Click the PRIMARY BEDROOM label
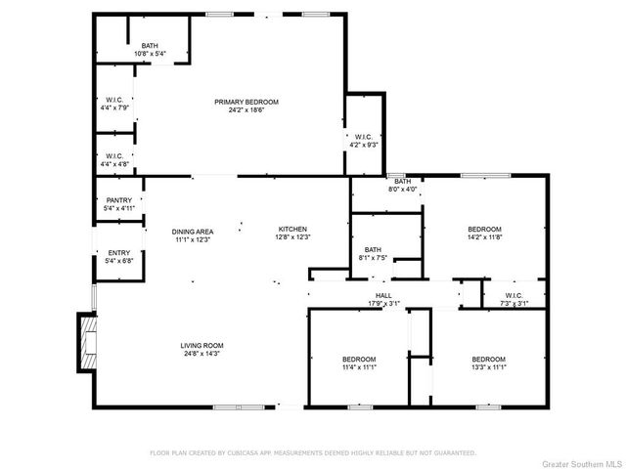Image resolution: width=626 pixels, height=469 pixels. pos(246,102)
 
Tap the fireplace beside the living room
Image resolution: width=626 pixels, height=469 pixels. pos(87,342)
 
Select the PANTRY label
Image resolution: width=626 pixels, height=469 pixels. pos(119,200)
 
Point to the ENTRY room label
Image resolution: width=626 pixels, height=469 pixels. pos(119,253)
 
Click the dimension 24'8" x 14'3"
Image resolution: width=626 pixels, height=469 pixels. pos(202,354)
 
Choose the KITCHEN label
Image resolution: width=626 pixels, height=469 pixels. pos(292,230)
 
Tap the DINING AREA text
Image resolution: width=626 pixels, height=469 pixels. pos(193,232)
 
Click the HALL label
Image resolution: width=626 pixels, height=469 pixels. pos(383,295)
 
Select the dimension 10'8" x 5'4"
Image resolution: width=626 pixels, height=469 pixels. pos(150,54)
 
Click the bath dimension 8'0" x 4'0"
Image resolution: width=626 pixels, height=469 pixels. pos(402,190)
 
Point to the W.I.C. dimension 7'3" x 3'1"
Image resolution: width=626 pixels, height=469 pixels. pos(514,304)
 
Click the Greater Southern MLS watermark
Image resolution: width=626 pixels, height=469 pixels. pos(583,464)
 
